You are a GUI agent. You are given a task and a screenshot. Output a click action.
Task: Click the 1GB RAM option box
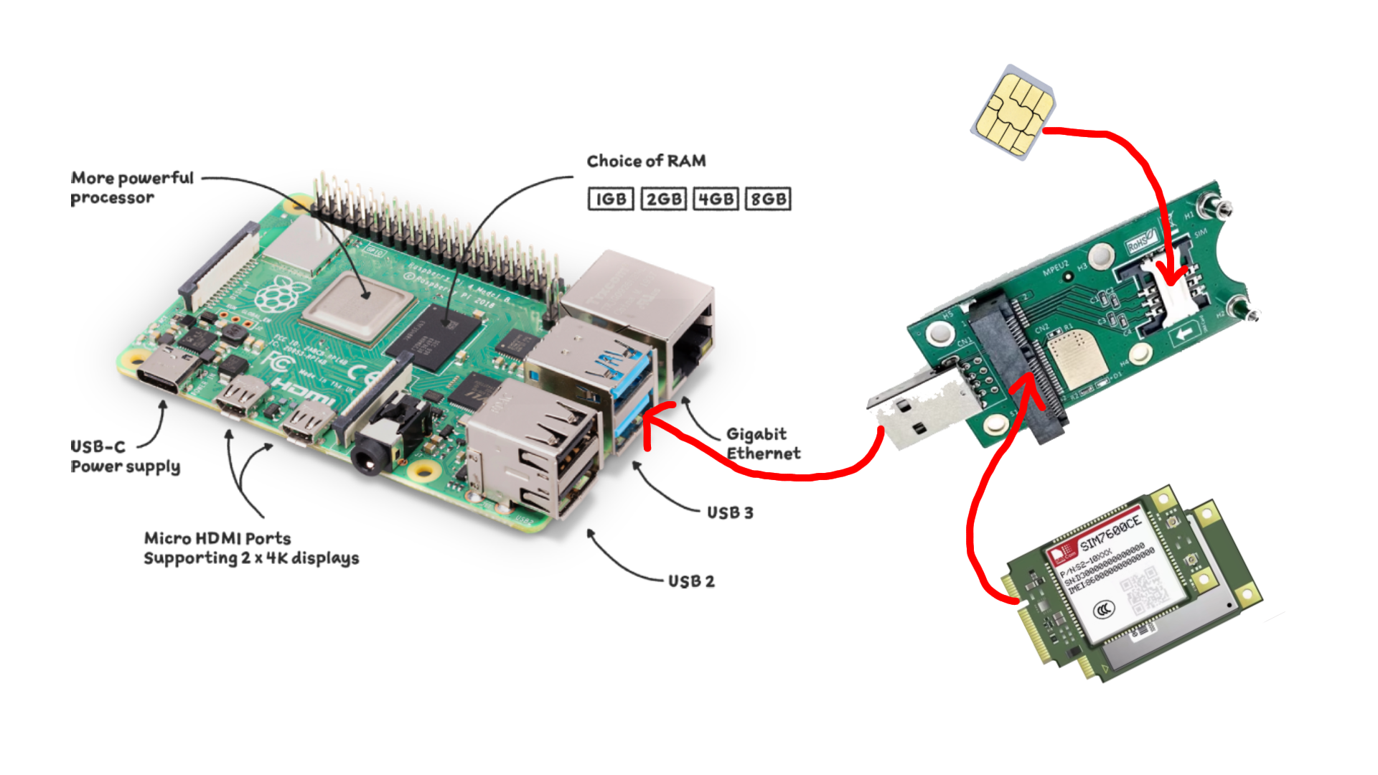point(611,199)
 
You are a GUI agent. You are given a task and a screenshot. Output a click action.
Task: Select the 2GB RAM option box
point(663,199)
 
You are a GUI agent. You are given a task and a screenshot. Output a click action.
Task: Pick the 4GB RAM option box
point(716,199)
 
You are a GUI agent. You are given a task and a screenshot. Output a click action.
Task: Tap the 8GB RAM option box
point(768,199)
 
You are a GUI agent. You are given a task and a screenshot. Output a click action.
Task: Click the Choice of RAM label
point(646,161)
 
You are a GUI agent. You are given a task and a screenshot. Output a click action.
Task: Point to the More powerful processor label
point(132,187)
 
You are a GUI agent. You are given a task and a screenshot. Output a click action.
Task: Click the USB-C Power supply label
point(125,456)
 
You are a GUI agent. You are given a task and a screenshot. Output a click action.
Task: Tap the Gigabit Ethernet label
point(763,443)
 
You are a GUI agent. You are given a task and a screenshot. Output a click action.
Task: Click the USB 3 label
point(730,512)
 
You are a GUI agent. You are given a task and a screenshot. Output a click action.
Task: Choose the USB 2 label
point(691,581)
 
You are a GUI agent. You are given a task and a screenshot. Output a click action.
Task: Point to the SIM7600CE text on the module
point(1110,532)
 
